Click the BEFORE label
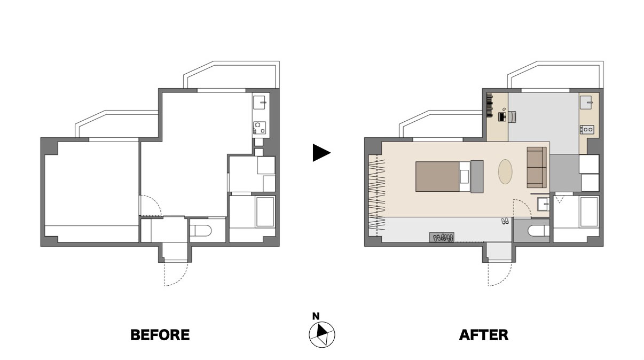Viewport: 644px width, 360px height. coord(160,335)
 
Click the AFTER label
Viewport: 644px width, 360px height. coord(484,335)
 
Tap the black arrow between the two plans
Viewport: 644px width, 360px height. coord(321,153)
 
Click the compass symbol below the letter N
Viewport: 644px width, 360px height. coord(321,334)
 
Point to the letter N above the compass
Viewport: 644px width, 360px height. coord(316,316)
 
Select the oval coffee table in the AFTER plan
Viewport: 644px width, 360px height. coord(505,171)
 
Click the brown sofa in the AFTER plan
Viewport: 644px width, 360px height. coord(537,167)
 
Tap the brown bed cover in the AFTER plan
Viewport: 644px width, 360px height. coord(437,177)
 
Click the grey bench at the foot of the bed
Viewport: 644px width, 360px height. coord(477,177)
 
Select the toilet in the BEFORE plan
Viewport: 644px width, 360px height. coord(201,231)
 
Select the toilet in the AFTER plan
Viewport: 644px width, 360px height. coord(539,231)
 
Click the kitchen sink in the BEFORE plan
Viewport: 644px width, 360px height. coord(260,103)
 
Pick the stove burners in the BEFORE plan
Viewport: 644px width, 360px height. coord(260,128)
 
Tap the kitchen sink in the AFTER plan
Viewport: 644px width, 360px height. coord(586,103)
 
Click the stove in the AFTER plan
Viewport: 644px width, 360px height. coord(587,129)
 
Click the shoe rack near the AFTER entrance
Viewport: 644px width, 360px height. coord(442,237)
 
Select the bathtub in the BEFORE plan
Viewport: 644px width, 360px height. coord(265,212)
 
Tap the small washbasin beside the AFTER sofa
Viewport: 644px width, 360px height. coord(543,204)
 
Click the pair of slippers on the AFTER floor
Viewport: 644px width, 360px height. coord(505,221)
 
